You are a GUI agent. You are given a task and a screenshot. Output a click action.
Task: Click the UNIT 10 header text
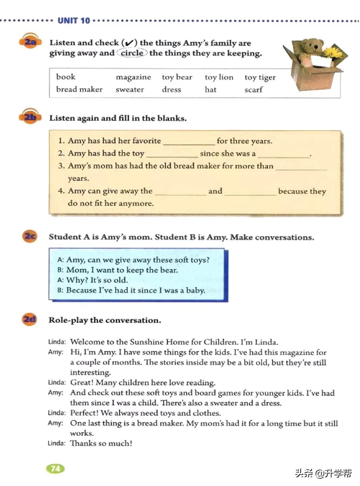[74, 21]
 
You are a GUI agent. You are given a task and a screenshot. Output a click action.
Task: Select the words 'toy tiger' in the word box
[260, 77]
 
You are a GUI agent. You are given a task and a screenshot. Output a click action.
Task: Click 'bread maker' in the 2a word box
[79, 90]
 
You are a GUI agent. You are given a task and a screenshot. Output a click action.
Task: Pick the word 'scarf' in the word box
[253, 90]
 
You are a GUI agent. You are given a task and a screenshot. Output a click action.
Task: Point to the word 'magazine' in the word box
[133, 77]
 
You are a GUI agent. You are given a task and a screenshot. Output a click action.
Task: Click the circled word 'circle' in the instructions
[132, 53]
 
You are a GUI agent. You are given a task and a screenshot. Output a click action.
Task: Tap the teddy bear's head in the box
[311, 46]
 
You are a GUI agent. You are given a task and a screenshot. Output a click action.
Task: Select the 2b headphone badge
[30, 117]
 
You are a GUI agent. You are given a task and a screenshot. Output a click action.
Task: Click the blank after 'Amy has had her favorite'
[189, 141]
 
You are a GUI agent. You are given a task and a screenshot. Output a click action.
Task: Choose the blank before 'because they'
[250, 192]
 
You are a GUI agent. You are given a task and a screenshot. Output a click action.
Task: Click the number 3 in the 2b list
[61, 166]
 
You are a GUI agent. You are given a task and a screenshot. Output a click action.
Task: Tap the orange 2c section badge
[30, 236]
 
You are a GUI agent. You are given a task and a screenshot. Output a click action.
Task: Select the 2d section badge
[30, 319]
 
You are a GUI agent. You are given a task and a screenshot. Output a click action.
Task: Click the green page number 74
[56, 468]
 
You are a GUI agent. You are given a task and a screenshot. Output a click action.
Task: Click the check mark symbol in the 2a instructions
[129, 43]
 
